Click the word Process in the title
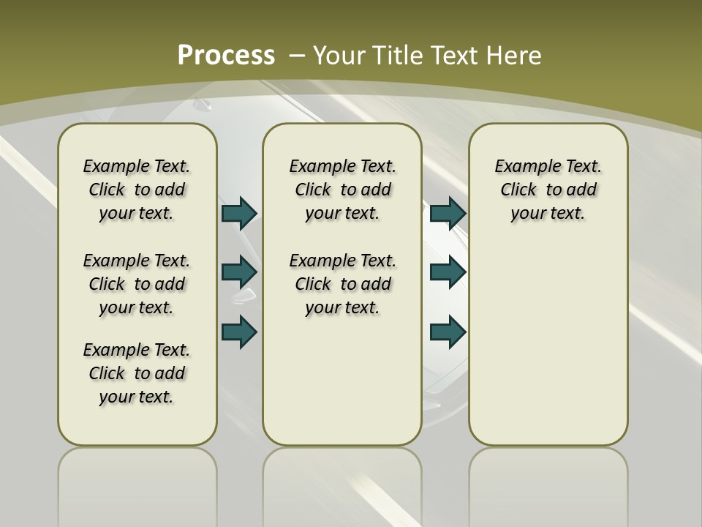[x=226, y=56]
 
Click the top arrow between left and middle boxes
[x=239, y=213]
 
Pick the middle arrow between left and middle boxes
[x=239, y=272]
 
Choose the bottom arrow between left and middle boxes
[x=239, y=332]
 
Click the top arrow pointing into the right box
[x=448, y=213]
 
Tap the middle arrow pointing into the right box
[x=448, y=272]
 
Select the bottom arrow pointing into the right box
[x=448, y=332]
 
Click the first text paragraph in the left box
[x=137, y=190]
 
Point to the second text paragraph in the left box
[x=137, y=284]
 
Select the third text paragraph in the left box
[x=137, y=373]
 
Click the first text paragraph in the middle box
[x=343, y=190]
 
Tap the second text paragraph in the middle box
[x=343, y=284]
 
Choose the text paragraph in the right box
[x=548, y=190]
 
